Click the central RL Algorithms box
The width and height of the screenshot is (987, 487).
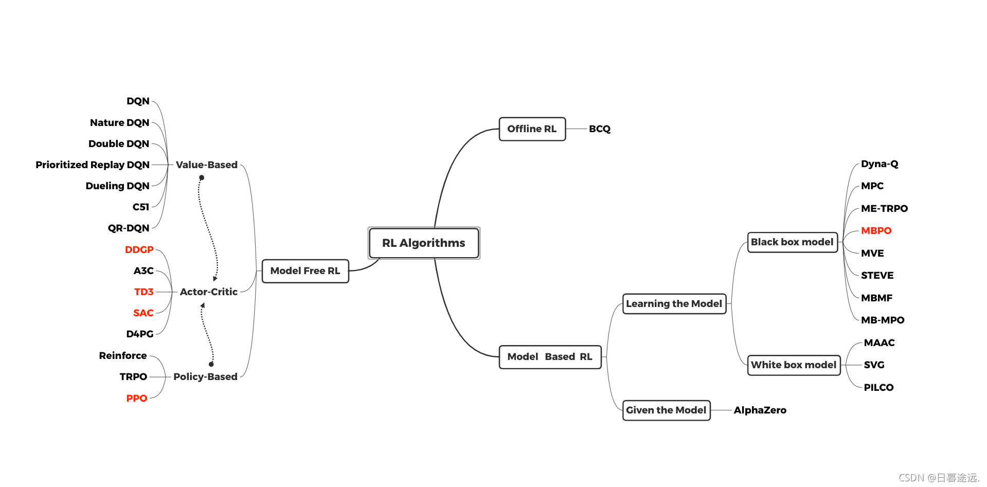[x=424, y=243]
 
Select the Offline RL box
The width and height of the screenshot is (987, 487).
[x=532, y=129]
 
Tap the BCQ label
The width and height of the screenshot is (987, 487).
[x=599, y=129]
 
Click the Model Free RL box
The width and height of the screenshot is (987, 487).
[x=305, y=271]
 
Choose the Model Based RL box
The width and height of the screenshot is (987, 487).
[x=550, y=357]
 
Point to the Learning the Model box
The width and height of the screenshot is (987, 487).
[x=674, y=304]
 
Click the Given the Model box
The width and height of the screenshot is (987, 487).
[x=666, y=410]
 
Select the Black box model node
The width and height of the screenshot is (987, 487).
[x=792, y=242]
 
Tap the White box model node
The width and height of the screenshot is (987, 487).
[x=794, y=365]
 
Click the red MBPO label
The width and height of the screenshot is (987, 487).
[x=876, y=231]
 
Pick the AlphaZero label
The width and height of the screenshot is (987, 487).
[x=760, y=410]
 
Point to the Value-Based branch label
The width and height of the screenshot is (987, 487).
[x=207, y=165]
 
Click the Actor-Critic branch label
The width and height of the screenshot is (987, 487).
[x=209, y=292]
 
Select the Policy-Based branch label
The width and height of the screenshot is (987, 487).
[x=205, y=377]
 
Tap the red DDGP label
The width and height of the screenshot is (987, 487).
[x=139, y=250]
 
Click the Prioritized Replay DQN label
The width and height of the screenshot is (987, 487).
[x=93, y=165]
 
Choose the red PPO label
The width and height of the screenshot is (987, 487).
[x=137, y=399]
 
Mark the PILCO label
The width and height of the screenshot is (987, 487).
[x=878, y=388]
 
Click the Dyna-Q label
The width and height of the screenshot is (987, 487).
[x=880, y=164]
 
